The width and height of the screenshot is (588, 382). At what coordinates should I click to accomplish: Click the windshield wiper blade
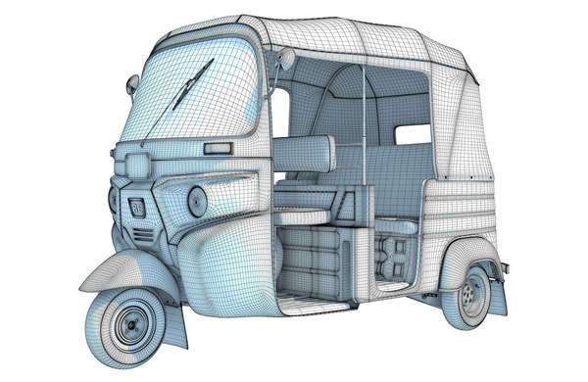tap(191, 86)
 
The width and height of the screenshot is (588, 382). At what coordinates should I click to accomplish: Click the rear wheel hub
tap(475, 291)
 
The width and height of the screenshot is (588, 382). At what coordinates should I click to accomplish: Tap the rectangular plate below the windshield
tap(218, 149)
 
